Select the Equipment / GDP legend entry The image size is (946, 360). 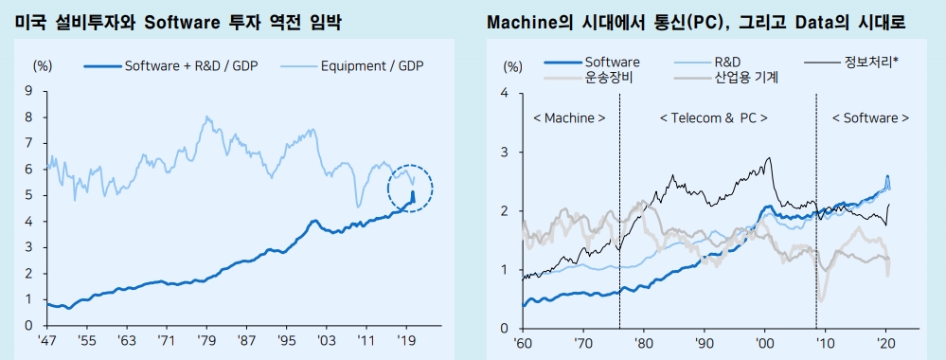click(x=372, y=65)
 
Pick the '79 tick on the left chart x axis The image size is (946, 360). click(x=205, y=338)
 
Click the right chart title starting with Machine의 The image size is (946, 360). click(x=695, y=20)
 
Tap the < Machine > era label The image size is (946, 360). click(x=569, y=118)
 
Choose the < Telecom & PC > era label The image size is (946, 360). click(x=713, y=118)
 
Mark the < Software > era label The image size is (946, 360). click(x=870, y=118)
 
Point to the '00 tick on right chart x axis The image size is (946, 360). click(x=764, y=341)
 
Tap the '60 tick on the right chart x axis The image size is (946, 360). click(x=524, y=341)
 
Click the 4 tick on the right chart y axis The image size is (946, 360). click(x=506, y=93)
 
